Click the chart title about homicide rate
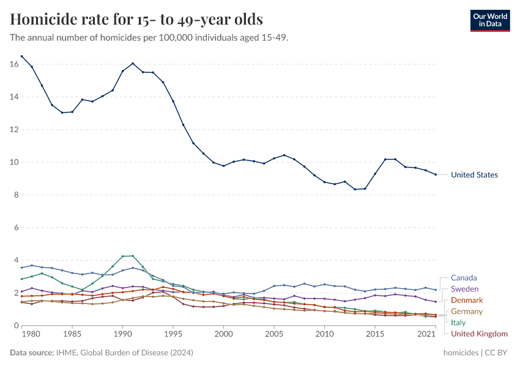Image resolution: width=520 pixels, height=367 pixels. (x=136, y=20)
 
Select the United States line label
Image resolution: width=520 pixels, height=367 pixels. (x=474, y=175)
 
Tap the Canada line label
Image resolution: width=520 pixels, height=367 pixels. (x=464, y=278)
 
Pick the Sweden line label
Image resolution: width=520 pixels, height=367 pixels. (x=464, y=289)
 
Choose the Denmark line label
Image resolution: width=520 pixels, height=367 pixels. (x=467, y=300)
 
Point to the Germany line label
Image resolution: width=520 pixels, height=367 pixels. (x=467, y=311)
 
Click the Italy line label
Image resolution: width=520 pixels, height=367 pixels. (x=458, y=322)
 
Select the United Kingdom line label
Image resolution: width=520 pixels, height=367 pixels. (x=479, y=333)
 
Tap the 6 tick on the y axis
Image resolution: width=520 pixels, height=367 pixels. (x=15, y=228)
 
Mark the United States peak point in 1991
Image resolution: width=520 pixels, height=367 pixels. (x=133, y=64)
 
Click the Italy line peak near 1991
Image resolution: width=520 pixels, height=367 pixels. (x=133, y=256)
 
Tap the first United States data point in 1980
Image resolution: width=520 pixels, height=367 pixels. (x=22, y=56)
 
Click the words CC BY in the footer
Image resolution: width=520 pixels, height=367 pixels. (x=499, y=353)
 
